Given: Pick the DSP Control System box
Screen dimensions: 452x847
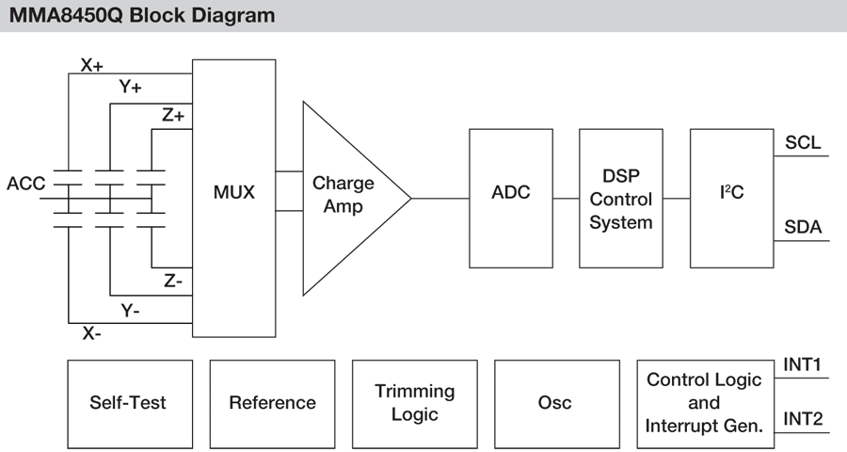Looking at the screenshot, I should point(621,199).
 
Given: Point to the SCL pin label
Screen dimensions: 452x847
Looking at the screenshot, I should point(802,143).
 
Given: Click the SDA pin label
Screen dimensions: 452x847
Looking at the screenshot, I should point(802,228).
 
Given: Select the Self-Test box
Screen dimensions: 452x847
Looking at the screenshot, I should point(128,403).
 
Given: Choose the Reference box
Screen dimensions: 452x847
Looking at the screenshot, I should point(272,403).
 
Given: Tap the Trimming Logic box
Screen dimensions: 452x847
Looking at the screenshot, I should point(414,403).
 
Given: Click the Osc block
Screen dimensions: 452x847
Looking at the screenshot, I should point(554,403).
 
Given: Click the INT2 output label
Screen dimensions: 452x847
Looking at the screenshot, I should point(803,418).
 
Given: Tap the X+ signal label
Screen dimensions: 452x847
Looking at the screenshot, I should point(92,66).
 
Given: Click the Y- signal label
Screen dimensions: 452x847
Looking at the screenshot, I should point(130,309).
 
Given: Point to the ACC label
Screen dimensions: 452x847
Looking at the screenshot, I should point(25,184).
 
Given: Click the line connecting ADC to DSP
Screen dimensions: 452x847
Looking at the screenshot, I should point(566,199).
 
